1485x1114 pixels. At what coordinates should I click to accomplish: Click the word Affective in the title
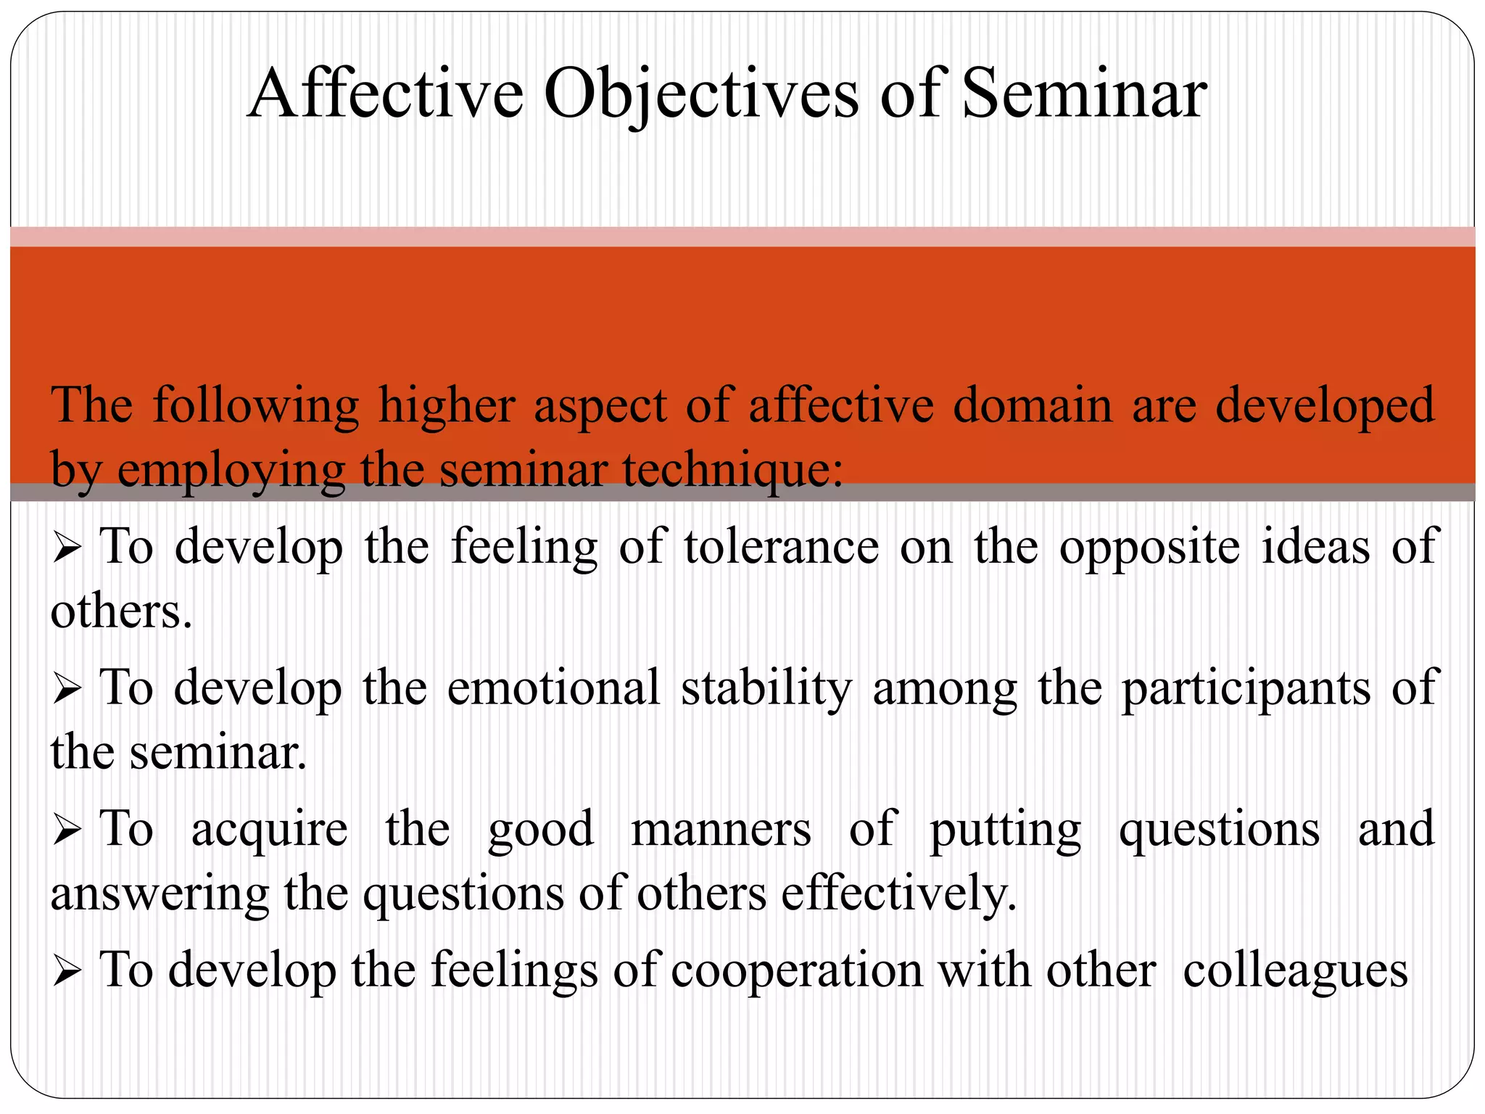point(385,94)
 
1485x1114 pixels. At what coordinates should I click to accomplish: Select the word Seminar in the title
point(1084,94)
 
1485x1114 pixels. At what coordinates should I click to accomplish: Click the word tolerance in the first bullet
point(781,547)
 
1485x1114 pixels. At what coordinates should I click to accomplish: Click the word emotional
point(553,688)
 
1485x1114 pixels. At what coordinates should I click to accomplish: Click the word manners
point(721,829)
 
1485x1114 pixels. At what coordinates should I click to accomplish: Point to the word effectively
point(898,894)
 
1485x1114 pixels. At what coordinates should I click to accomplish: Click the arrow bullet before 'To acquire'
point(67,830)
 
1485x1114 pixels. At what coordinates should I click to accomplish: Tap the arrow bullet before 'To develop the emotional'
point(67,689)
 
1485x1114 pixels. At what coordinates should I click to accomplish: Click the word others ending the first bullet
point(120,611)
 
